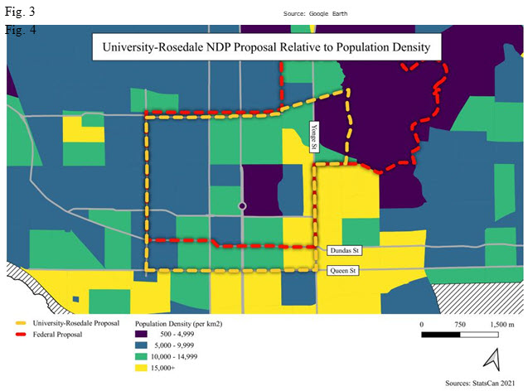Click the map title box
click(265, 47)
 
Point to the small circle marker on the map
click(242, 205)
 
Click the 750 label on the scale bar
click(460, 323)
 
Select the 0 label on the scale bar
click(422, 323)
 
